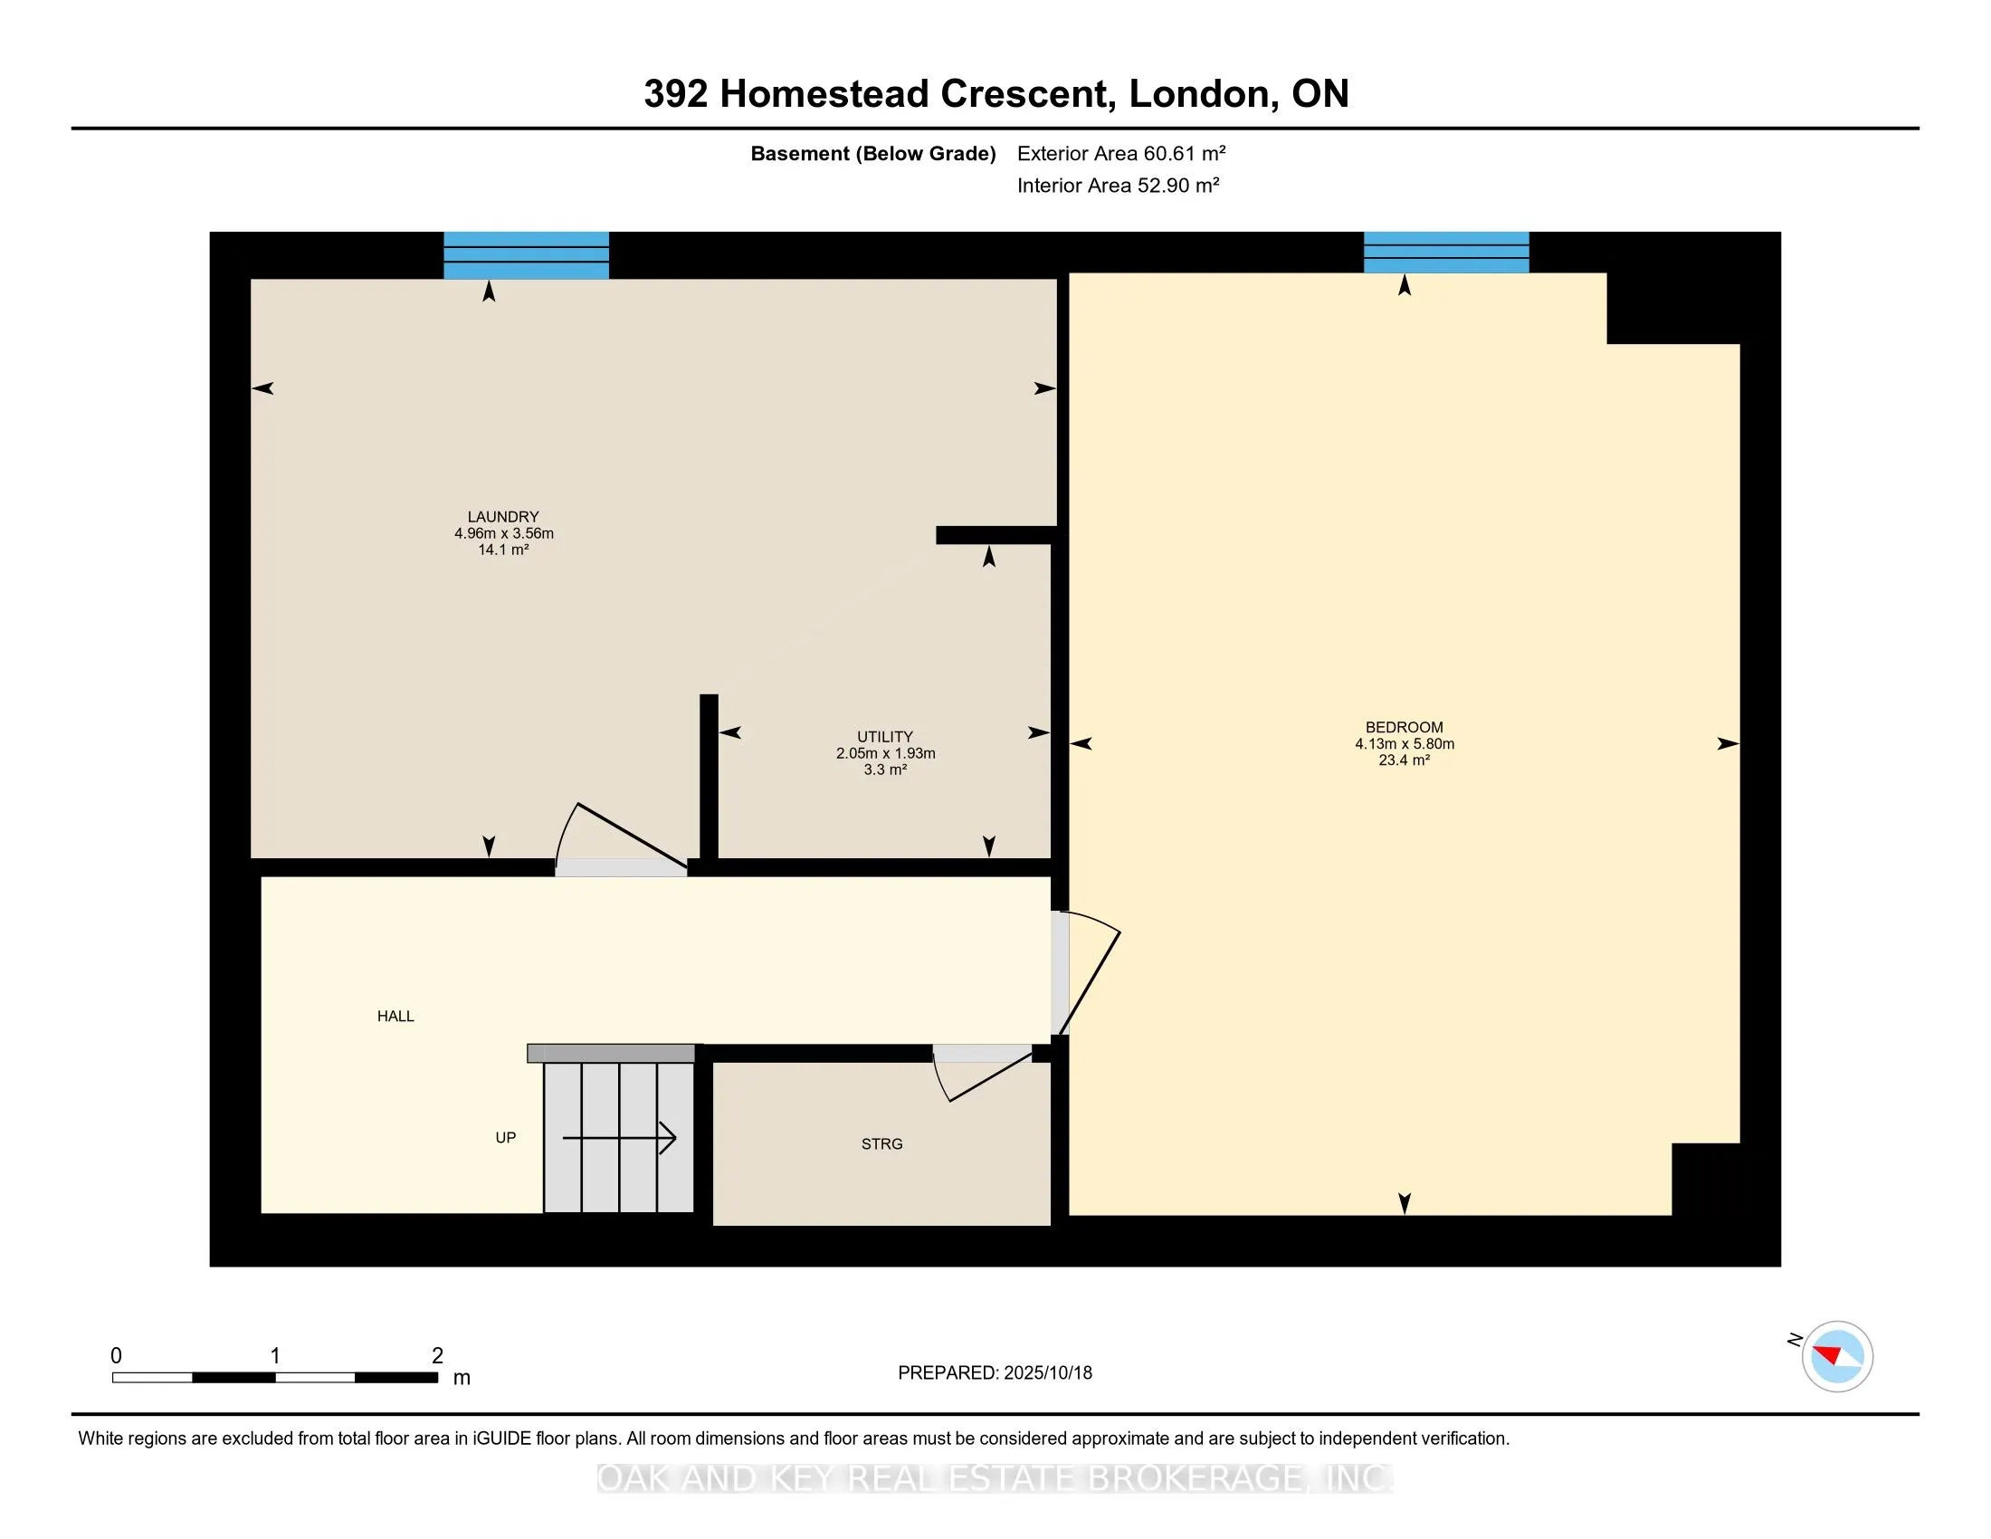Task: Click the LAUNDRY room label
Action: click(x=503, y=516)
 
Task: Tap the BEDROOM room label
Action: click(x=1404, y=727)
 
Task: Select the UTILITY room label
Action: click(x=884, y=736)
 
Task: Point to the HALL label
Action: click(x=395, y=1016)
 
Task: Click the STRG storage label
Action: click(x=881, y=1143)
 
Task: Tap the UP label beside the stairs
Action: click(x=505, y=1137)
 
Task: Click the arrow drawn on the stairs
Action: click(x=619, y=1138)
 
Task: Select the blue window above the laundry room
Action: click(x=526, y=255)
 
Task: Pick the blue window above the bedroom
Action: click(x=1446, y=253)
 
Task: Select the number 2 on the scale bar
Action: click(x=438, y=1356)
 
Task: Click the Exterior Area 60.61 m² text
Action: click(x=1121, y=153)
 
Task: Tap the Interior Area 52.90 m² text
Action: click(x=1119, y=185)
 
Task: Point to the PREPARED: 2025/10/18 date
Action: click(x=995, y=1372)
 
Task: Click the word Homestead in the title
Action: click(x=824, y=94)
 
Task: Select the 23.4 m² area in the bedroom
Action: click(x=1404, y=760)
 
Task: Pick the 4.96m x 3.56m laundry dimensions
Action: click(x=504, y=532)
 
